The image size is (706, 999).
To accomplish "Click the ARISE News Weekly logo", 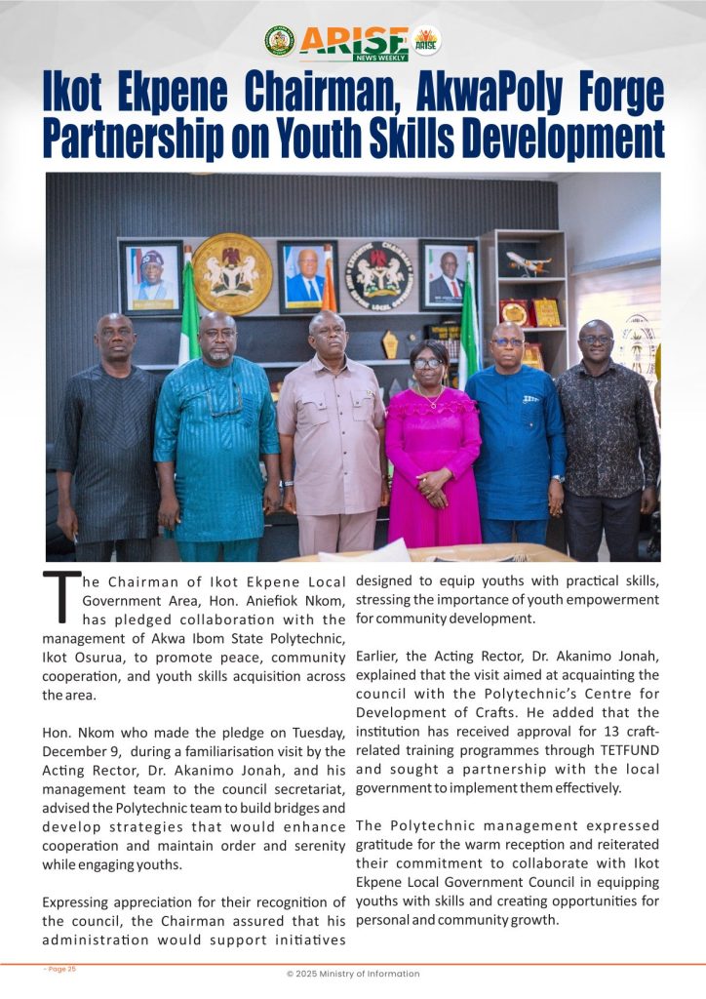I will (x=353, y=42).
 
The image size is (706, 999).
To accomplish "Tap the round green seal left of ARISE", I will (x=279, y=40).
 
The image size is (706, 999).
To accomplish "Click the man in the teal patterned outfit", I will (x=216, y=429).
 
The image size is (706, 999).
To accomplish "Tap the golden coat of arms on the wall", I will (x=232, y=274).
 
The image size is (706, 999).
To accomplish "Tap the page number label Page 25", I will (x=60, y=969).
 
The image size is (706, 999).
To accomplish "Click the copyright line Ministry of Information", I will (x=353, y=974).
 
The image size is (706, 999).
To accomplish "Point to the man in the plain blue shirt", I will (x=513, y=429).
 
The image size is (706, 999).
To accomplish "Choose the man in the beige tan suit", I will (x=332, y=429).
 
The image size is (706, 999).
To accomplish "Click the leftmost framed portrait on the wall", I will (x=150, y=277).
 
